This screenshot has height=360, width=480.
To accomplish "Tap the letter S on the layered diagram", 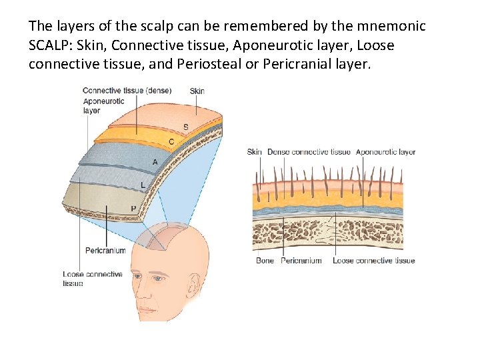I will pyautogui.click(x=185, y=127).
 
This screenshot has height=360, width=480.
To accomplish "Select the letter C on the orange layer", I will pyautogui.click(x=171, y=142).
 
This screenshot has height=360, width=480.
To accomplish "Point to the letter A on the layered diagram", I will pyautogui.click(x=155, y=162).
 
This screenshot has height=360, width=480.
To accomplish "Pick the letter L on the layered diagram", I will pyautogui.click(x=143, y=185).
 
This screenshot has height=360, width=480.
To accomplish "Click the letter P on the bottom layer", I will pyautogui.click(x=133, y=209).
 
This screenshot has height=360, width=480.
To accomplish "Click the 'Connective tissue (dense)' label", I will pyautogui.click(x=127, y=91).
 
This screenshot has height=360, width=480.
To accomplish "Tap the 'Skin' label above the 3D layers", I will pyautogui.click(x=197, y=91).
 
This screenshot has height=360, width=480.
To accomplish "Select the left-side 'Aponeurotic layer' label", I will pyautogui.click(x=103, y=106).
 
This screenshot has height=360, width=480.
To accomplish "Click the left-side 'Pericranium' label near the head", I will pyautogui.click(x=105, y=251).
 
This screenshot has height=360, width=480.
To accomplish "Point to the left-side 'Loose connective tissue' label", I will pyautogui.click(x=92, y=279).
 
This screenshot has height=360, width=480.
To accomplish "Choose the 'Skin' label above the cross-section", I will pyautogui.click(x=254, y=152).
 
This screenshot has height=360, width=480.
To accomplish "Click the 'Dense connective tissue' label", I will pyautogui.click(x=309, y=152).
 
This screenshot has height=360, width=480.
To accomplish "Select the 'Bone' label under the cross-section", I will pyautogui.click(x=265, y=261).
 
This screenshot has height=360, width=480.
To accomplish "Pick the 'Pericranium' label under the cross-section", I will pyautogui.click(x=301, y=261).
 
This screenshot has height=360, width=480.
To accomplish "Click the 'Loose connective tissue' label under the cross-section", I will pyautogui.click(x=373, y=261).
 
